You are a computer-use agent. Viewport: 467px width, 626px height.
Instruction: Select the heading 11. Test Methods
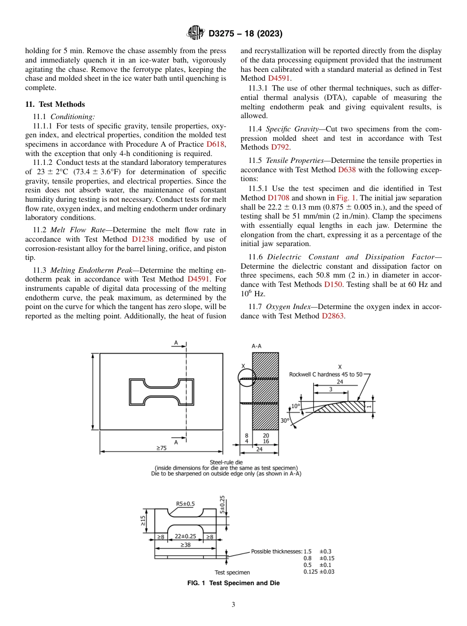point(55,104)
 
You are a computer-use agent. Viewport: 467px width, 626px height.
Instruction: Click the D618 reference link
point(215,144)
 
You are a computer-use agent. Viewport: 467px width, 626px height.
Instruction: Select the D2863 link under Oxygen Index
point(333,316)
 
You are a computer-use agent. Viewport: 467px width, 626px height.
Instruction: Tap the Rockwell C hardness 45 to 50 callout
point(325,375)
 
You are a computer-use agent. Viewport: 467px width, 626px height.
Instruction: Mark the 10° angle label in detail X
point(295,406)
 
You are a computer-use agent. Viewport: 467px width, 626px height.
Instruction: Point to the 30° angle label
point(285,421)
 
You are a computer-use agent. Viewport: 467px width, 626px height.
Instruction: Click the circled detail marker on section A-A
point(246,377)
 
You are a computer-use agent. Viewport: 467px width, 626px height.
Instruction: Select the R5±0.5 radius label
point(185,503)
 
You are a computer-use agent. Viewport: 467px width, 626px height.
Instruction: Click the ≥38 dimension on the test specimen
point(185,545)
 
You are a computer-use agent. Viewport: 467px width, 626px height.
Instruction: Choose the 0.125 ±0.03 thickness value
point(319,572)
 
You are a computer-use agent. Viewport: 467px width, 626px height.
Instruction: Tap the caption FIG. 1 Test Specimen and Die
point(233,583)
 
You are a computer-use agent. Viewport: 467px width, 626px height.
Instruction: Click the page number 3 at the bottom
point(233,605)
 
